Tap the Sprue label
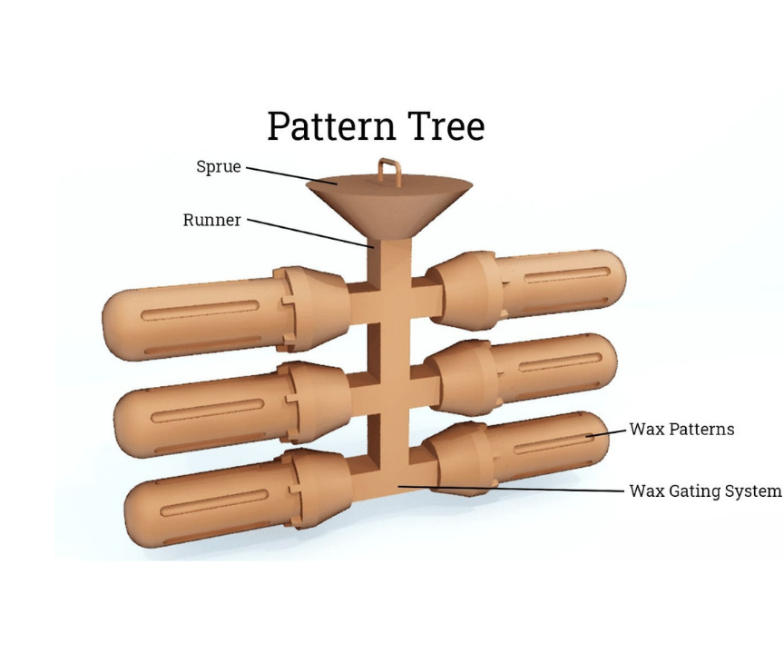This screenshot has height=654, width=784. click(x=219, y=167)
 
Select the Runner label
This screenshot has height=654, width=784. click(x=212, y=220)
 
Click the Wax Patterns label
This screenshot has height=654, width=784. click(x=681, y=429)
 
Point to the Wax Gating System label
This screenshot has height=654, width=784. click(x=705, y=491)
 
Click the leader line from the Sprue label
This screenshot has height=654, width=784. click(x=290, y=174)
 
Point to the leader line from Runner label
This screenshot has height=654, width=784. click(x=309, y=233)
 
